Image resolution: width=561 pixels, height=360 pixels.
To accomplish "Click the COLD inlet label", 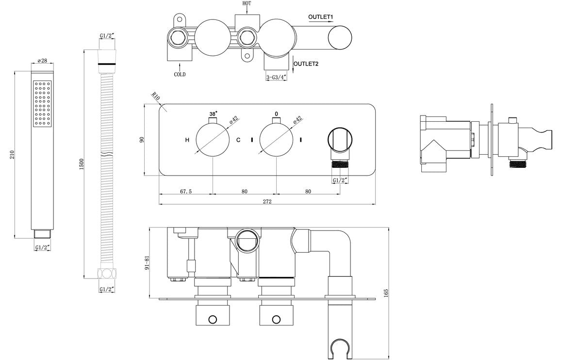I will pyautogui.click(x=180, y=75).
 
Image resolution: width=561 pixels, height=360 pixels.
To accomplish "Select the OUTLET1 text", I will pyautogui.click(x=321, y=17).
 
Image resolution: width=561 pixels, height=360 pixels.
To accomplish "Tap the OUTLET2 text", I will pyautogui.click(x=306, y=64).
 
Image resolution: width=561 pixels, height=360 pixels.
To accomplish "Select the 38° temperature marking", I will pyautogui.click(x=213, y=114).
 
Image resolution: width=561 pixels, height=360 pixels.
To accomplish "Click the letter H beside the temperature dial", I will pyautogui.click(x=187, y=140).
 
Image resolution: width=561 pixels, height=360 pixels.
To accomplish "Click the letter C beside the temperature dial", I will pyautogui.click(x=238, y=140).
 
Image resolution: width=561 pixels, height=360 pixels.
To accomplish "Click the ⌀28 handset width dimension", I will pyautogui.click(x=42, y=61).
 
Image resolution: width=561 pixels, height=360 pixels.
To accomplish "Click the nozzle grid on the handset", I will pyautogui.click(x=42, y=103).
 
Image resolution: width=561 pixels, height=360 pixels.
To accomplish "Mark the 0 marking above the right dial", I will pyautogui.click(x=277, y=114).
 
